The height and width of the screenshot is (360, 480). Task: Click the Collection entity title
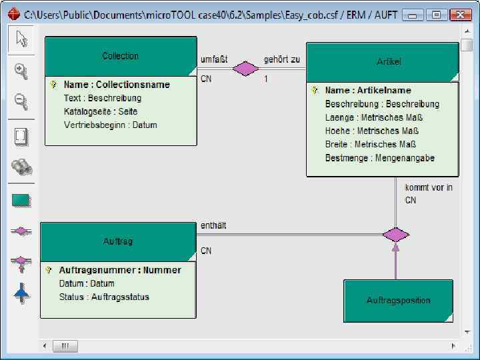pyautogui.click(x=121, y=56)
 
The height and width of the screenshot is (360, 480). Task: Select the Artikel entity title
pyautogui.click(x=389, y=61)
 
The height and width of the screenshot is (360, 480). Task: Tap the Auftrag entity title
pyautogui.click(x=118, y=241)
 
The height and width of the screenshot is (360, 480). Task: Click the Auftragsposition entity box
pyautogui.click(x=398, y=301)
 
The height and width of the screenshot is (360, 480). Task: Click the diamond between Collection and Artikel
pyautogui.click(x=245, y=68)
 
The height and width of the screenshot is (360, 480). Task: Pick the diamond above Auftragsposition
pyautogui.click(x=395, y=234)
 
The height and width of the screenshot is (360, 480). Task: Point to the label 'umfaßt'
pyautogui.click(x=214, y=59)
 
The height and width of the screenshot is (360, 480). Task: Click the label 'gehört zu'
pyautogui.click(x=282, y=59)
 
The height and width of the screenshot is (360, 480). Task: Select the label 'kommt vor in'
pyautogui.click(x=429, y=187)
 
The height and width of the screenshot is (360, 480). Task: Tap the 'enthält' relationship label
pyautogui.click(x=213, y=225)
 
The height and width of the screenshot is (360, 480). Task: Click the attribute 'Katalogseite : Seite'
pyautogui.click(x=101, y=111)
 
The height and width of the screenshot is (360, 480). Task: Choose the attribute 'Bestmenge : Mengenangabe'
pyautogui.click(x=379, y=158)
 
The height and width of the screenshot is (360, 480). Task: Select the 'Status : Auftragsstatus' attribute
pyautogui.click(x=104, y=297)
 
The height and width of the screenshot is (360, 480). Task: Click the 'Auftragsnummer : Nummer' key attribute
pyautogui.click(x=120, y=270)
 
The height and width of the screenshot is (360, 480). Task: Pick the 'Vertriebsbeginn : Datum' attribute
pyautogui.click(x=110, y=125)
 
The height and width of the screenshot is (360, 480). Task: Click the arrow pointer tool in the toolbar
pyautogui.click(x=21, y=39)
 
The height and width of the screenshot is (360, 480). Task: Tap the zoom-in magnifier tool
pyautogui.click(x=21, y=71)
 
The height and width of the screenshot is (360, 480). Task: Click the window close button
pyautogui.click(x=460, y=14)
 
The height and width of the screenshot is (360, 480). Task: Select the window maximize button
pyautogui.click(x=437, y=14)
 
